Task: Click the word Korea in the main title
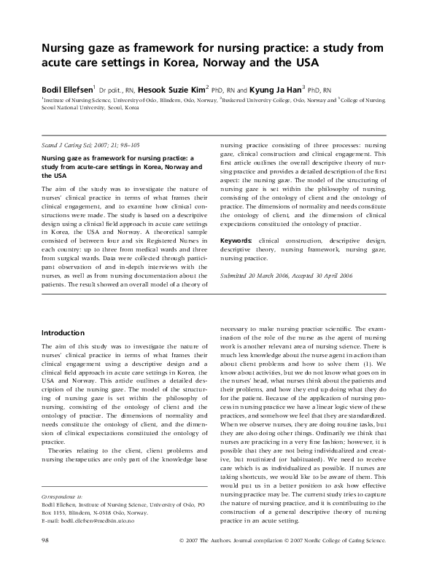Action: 179,66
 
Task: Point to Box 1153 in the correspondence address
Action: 58,534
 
